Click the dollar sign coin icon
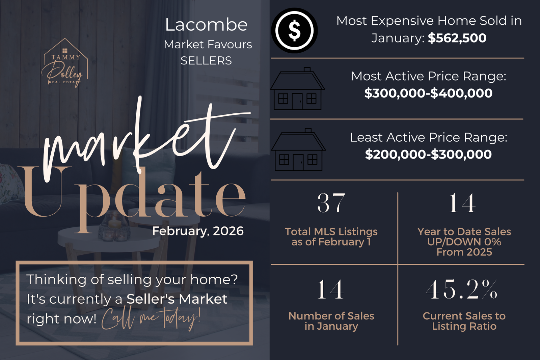(x=294, y=31)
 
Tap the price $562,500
(x=457, y=38)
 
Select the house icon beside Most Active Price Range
(x=297, y=89)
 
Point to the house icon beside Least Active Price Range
(x=298, y=150)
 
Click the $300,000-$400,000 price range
(x=428, y=93)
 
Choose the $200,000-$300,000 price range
(x=428, y=155)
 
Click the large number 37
(x=331, y=203)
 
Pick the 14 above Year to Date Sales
(x=462, y=203)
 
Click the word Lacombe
(x=206, y=25)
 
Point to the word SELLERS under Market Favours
(x=206, y=60)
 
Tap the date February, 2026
(x=198, y=231)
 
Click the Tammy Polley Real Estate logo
(x=64, y=63)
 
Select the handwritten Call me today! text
(x=151, y=319)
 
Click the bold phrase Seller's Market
(x=177, y=299)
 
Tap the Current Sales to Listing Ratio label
(x=464, y=321)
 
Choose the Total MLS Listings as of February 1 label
(x=331, y=237)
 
